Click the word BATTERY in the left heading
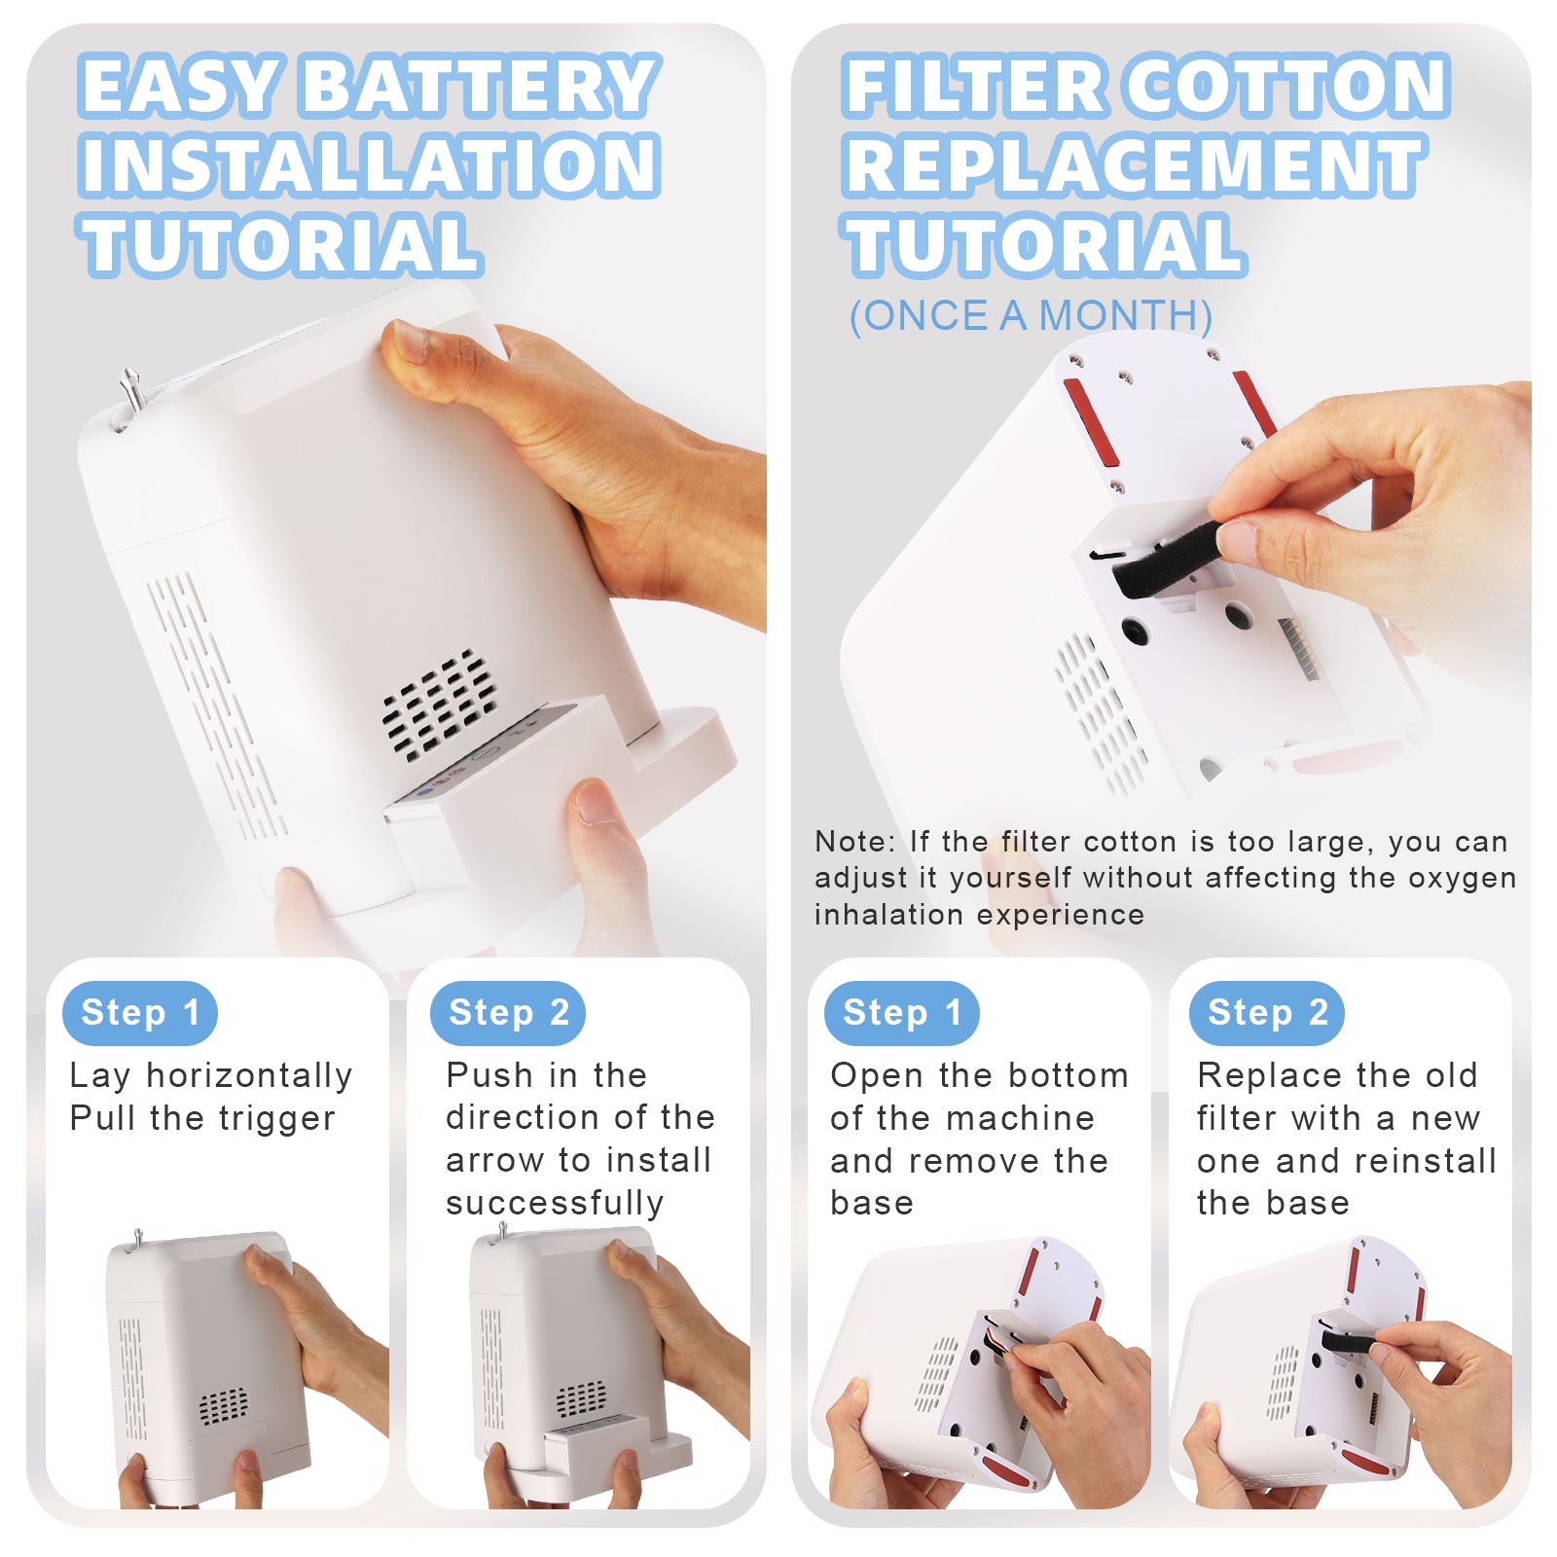(x=482, y=88)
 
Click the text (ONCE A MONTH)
(x=1031, y=316)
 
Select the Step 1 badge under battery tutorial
(x=140, y=1013)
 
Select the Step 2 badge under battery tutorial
(x=508, y=1013)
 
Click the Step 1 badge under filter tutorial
(x=901, y=1013)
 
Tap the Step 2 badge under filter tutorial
(x=1267, y=1013)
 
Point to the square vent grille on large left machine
(x=439, y=705)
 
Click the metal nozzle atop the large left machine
(x=129, y=389)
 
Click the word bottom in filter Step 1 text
(x=1070, y=1076)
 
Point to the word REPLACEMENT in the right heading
(x=1134, y=165)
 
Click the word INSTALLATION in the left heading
(x=370, y=165)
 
